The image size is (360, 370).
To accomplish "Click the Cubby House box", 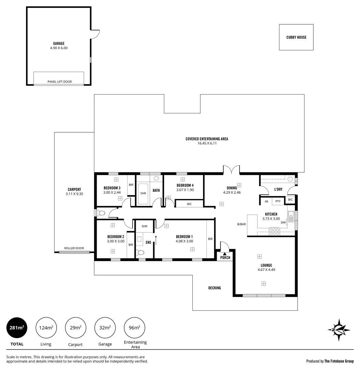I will click(296, 37).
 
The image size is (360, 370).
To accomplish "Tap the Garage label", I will click(59, 44).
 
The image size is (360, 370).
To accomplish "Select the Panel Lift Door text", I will click(60, 82).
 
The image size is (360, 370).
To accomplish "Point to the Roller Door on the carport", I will click(74, 252).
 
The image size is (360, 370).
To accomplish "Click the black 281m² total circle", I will click(17, 328).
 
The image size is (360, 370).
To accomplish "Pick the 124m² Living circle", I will click(46, 328).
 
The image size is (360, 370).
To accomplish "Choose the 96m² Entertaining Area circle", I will click(134, 328).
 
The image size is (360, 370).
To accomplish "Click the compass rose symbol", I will click(339, 330).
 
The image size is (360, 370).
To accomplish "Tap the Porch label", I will click(225, 258).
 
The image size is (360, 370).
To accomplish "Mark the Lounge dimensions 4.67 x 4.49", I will click(266, 270).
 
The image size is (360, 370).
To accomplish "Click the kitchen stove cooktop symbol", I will click(274, 232).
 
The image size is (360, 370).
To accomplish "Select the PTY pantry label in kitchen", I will click(278, 201).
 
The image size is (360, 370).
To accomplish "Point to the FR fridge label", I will click(266, 201).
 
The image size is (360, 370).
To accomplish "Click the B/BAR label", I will click(241, 224).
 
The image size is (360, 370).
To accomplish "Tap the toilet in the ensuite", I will click(140, 253).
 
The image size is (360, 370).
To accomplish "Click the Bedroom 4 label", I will click(185, 185).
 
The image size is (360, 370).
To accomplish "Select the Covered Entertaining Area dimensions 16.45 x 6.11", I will click(206, 143).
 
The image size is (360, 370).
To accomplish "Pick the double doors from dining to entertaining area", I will click(231, 170).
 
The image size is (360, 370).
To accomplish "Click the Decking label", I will click(215, 288).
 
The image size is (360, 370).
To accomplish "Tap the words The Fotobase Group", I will click(339, 361).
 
